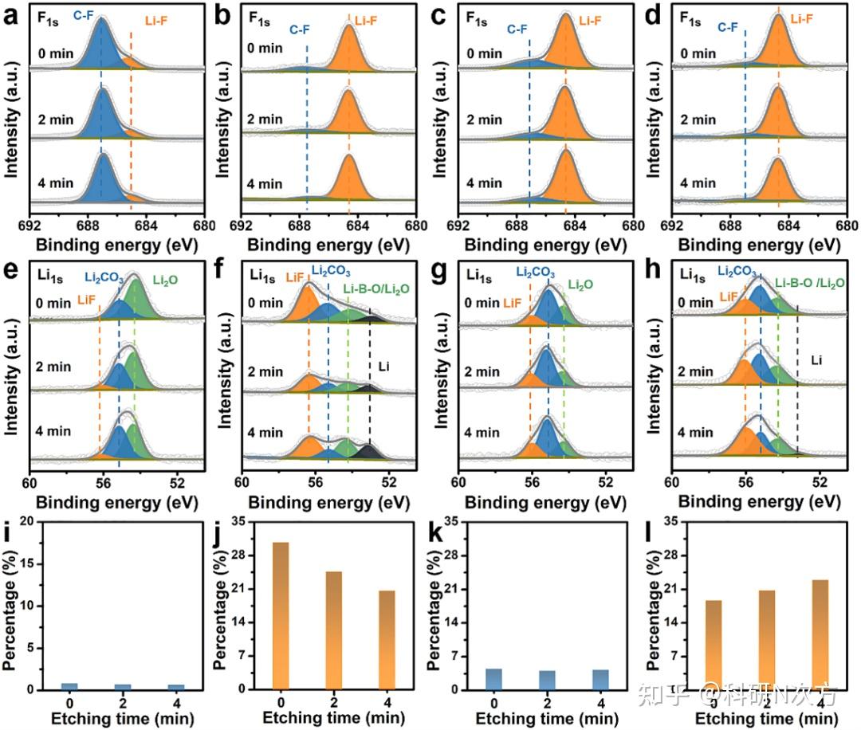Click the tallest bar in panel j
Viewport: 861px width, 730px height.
281,615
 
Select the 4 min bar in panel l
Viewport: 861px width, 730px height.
820,634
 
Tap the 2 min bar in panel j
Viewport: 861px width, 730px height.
334,630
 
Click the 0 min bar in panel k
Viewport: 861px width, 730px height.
493,679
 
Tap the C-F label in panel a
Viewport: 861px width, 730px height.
84,16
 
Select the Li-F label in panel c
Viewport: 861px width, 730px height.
590,21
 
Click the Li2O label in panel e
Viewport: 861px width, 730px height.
165,281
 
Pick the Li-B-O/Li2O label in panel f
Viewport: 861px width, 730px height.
376,288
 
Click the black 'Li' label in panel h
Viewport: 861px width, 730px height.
816,360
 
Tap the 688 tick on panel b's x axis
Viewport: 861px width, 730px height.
299,226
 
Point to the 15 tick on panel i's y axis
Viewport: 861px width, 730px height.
26,563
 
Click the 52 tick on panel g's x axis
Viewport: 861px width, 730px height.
606,482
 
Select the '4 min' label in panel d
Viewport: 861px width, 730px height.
698,182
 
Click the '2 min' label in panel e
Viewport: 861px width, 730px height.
53,367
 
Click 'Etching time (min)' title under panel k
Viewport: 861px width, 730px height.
547,719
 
